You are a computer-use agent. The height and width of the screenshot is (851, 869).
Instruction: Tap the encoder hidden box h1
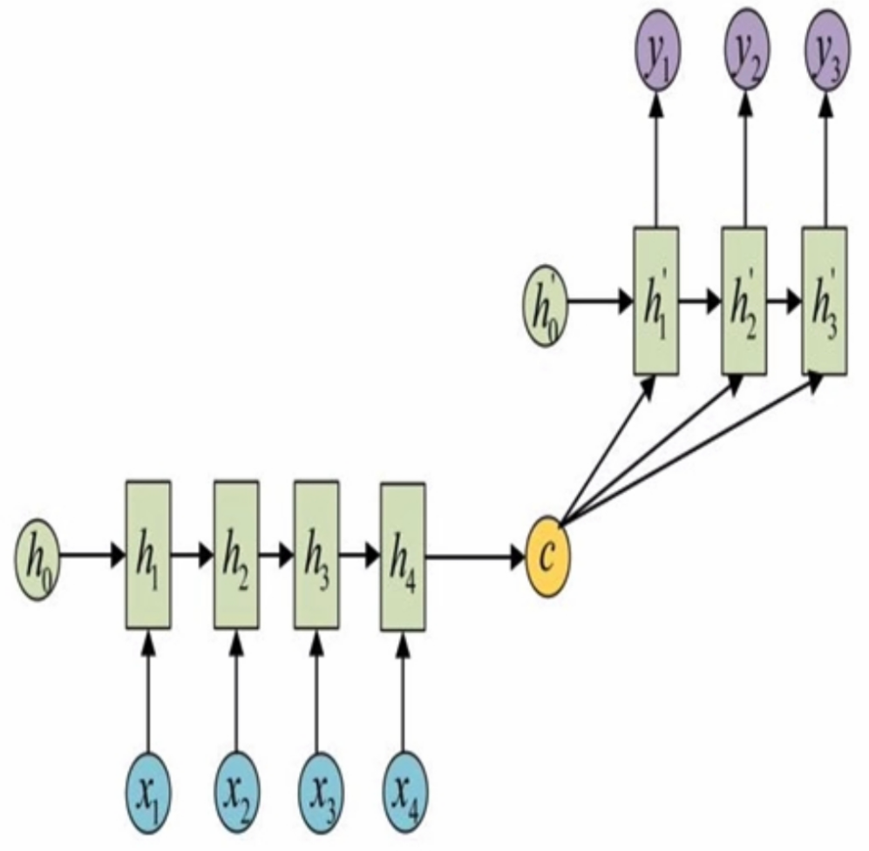148,555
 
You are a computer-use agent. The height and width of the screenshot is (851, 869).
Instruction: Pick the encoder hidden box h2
236,555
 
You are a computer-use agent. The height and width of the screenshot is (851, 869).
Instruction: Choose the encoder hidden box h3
316,555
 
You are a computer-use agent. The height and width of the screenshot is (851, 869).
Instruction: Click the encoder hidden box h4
403,556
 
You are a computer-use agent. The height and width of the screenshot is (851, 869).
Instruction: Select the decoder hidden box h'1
656,301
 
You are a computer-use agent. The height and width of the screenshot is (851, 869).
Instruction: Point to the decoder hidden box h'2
744,301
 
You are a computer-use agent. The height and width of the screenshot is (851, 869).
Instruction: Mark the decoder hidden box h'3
824,301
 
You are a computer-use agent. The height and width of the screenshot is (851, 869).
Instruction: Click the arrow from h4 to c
475,556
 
